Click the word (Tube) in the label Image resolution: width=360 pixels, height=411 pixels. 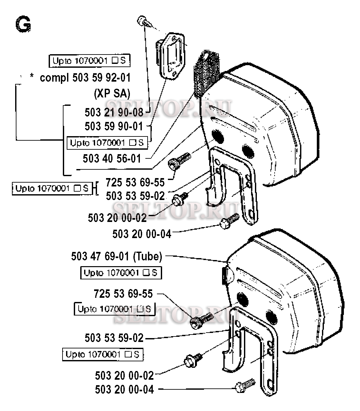147,256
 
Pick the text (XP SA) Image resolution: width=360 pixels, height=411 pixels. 112,94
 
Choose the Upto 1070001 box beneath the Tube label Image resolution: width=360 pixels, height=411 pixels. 121,273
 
